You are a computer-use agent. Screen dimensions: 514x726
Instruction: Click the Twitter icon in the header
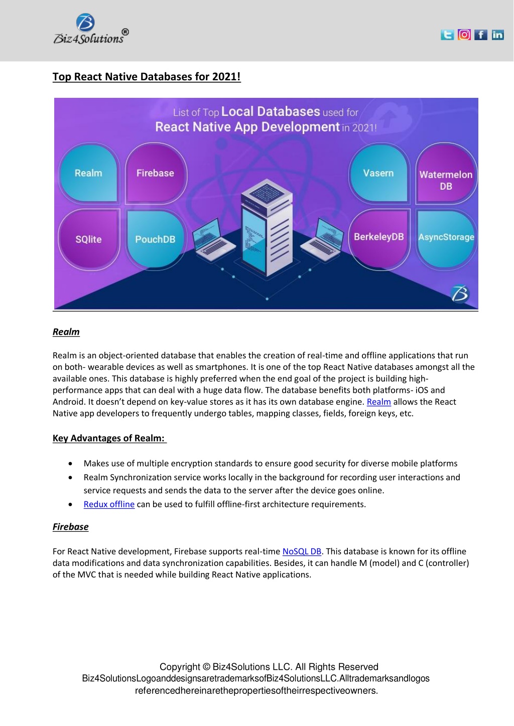[x=447, y=35]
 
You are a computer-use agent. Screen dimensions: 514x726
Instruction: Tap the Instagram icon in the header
[x=464, y=35]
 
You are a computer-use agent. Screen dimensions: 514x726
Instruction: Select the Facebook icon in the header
[x=480, y=35]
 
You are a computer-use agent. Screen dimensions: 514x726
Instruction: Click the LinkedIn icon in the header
[x=497, y=35]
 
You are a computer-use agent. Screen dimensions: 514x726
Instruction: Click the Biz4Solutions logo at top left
[x=91, y=29]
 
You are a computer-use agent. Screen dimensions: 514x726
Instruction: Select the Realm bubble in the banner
[x=88, y=174]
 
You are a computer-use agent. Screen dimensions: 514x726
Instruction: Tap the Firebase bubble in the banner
[x=156, y=174]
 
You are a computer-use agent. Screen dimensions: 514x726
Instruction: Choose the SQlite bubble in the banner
[x=88, y=240]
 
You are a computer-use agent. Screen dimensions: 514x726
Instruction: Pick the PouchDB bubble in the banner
[x=156, y=239]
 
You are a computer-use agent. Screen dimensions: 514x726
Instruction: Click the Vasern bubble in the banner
[x=379, y=174]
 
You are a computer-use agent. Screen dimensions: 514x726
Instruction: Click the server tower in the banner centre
[x=267, y=227]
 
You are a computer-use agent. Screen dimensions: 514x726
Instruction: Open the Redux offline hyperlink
[x=109, y=504]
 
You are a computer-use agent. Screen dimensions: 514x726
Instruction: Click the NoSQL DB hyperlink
[x=302, y=551]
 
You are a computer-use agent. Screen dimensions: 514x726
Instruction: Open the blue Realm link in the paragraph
[x=379, y=402]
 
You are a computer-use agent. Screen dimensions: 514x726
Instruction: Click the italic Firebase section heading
[x=70, y=527]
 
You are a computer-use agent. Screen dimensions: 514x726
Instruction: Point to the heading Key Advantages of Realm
[x=109, y=438]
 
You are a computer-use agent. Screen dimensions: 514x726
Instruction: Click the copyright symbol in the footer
[x=206, y=667]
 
